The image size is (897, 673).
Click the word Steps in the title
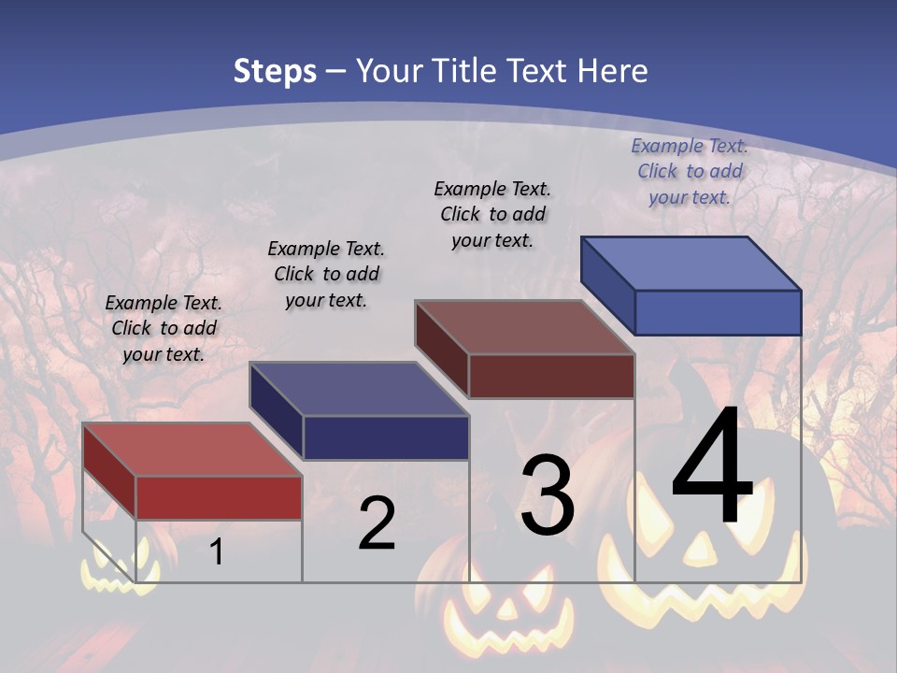275,71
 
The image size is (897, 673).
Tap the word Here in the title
612,71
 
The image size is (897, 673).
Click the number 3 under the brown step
548,496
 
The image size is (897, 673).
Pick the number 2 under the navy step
377,523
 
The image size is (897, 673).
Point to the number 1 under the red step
217,551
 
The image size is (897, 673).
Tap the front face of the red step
219,497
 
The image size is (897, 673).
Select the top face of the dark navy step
359,389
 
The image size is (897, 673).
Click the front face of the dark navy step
386,437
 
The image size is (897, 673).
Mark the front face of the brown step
551,376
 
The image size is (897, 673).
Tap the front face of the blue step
718,312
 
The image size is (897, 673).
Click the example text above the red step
164,328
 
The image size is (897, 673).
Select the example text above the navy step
326,274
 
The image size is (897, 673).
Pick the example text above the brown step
492,214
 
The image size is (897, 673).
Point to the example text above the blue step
690,171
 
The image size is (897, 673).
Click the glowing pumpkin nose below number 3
506,609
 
